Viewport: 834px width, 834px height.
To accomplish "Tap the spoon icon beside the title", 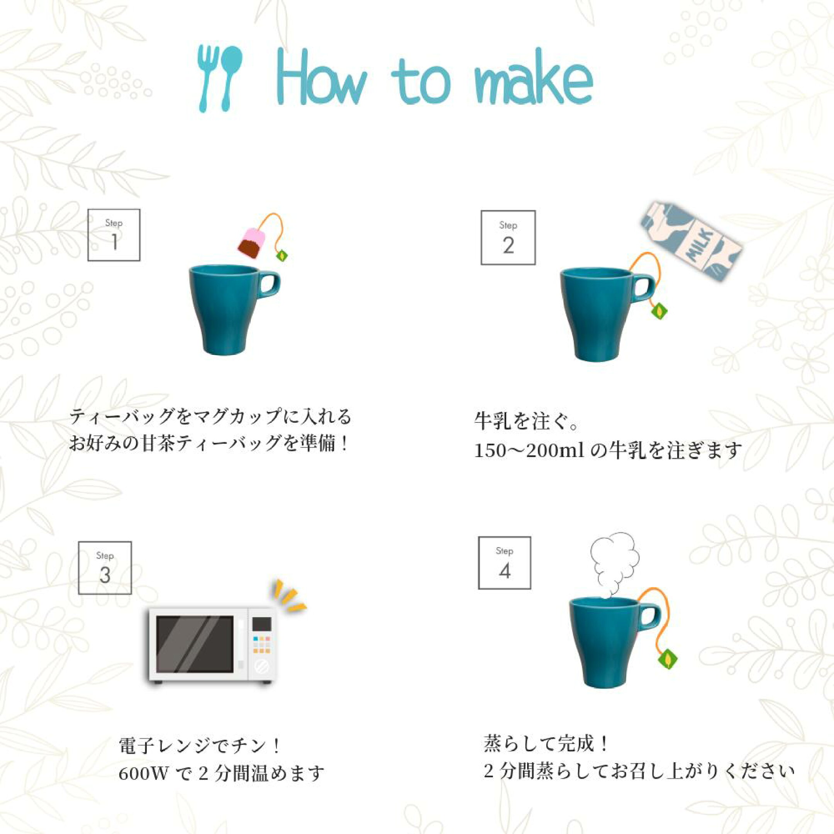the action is pyautogui.click(x=231, y=77).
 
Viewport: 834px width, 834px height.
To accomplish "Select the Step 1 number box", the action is pyautogui.click(x=114, y=235).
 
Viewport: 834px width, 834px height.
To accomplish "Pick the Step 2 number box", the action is pyautogui.click(x=508, y=237).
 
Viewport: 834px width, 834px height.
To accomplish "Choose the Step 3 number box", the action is pyautogui.click(x=105, y=568).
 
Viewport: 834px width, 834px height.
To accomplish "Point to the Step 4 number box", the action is pyautogui.click(x=505, y=563).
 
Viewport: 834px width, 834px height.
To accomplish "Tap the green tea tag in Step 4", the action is pyautogui.click(x=667, y=659).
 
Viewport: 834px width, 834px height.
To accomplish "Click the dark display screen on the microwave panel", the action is pyautogui.click(x=262, y=623).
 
